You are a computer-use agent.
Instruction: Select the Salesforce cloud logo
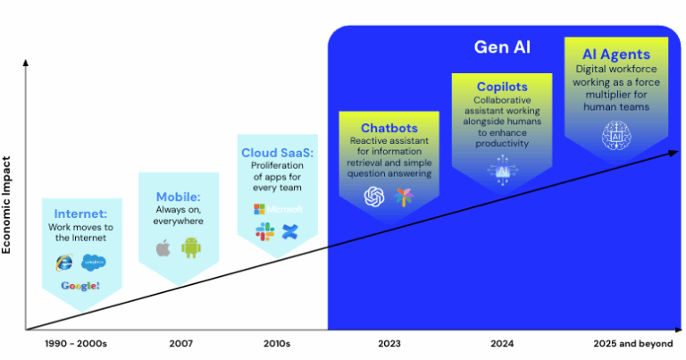click(x=93, y=262)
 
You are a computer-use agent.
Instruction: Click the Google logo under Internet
click(x=79, y=287)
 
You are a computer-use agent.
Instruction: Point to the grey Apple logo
click(x=163, y=247)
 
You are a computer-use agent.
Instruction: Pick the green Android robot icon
click(x=190, y=247)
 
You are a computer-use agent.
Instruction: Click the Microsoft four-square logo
click(x=259, y=209)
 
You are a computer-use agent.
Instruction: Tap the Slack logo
click(x=265, y=232)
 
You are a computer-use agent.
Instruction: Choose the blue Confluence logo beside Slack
click(x=289, y=232)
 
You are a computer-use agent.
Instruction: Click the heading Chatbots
click(x=389, y=129)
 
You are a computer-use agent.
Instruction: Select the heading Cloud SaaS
click(x=277, y=153)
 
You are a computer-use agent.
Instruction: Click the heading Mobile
click(x=178, y=197)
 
